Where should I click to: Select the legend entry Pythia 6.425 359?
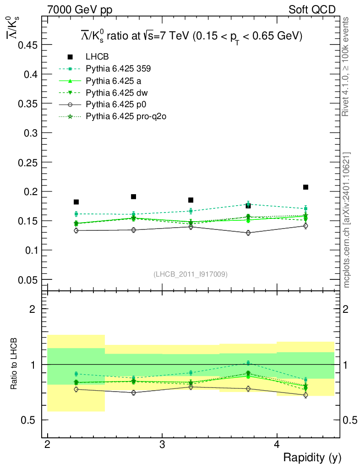coord(118,69)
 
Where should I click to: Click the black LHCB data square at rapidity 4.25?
coord(305,187)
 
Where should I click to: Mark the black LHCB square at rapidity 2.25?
coord(76,202)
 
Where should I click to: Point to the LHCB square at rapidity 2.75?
coord(133,196)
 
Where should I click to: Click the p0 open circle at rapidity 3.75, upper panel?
coord(248,233)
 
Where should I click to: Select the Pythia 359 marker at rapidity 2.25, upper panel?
coord(76,214)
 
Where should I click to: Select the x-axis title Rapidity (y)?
coord(312,458)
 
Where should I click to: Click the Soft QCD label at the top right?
coord(312,9)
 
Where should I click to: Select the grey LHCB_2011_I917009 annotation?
coord(190,274)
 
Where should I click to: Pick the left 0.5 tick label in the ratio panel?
coord(31,420)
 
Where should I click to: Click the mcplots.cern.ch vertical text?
coord(347,220)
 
